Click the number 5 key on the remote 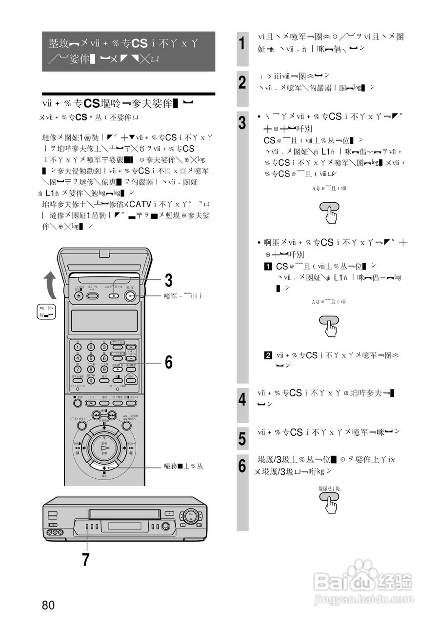point(91,358)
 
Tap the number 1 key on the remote point(78,347)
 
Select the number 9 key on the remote point(103,370)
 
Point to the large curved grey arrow point(50,288)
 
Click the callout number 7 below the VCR point(86,560)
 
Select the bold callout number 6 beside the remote point(168,362)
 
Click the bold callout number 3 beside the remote point(168,281)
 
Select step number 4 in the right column point(242,401)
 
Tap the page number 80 point(48,605)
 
